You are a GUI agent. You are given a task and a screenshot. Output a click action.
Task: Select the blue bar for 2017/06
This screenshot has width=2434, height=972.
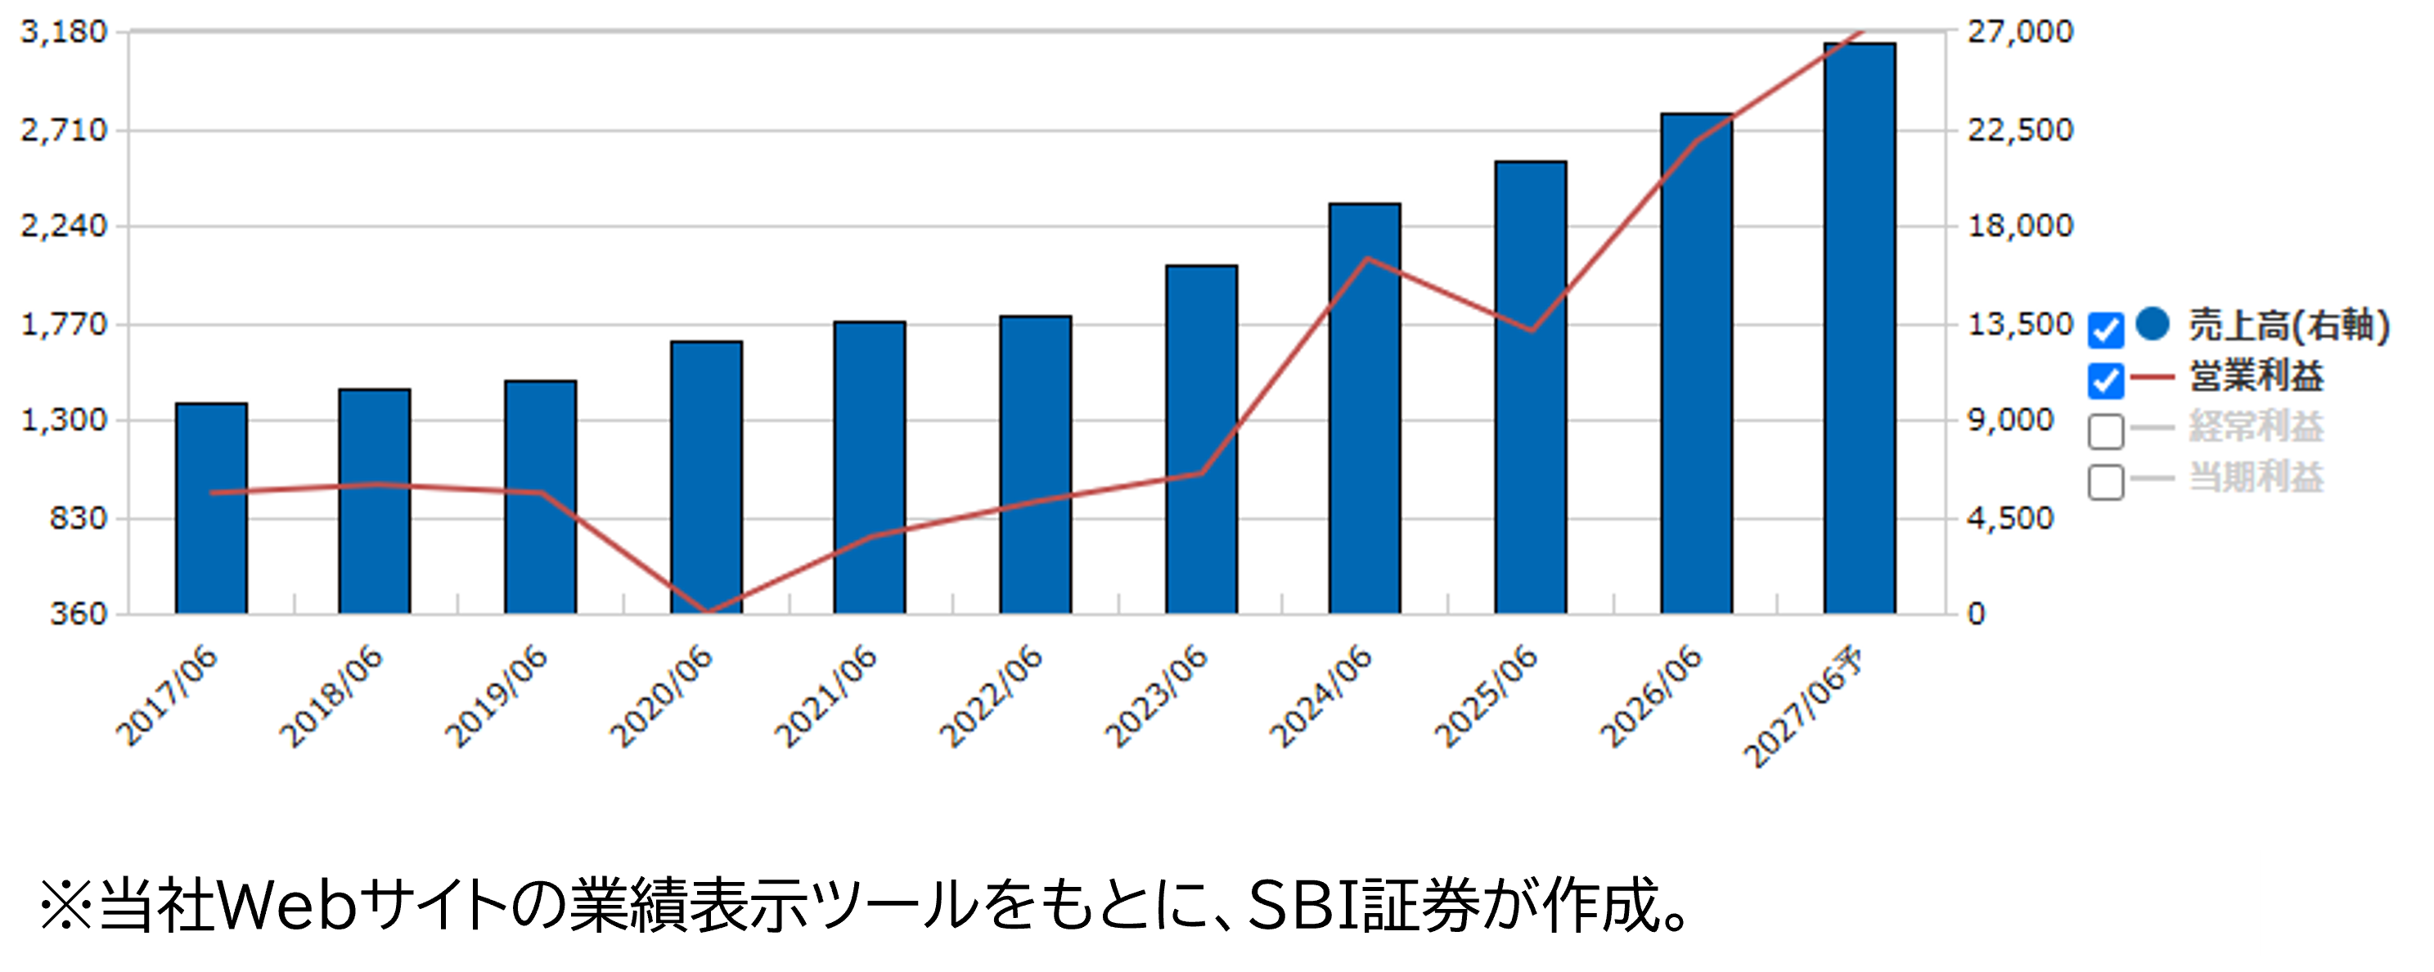pyautogui.click(x=211, y=508)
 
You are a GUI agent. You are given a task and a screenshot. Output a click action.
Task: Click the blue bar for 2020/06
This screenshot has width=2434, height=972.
pyautogui.click(x=707, y=477)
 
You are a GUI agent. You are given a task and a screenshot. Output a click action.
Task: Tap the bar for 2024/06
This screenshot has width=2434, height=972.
pyautogui.click(x=1365, y=408)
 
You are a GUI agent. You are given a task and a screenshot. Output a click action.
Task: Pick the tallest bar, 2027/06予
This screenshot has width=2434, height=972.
pyautogui.click(x=1860, y=328)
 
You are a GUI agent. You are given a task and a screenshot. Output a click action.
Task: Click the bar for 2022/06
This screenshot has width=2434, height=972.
pyautogui.click(x=1036, y=465)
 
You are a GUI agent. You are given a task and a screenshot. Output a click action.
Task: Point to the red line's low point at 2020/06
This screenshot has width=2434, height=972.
pyautogui.click(x=708, y=612)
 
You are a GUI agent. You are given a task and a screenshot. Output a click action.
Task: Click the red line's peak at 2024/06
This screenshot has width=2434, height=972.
pyautogui.click(x=1366, y=258)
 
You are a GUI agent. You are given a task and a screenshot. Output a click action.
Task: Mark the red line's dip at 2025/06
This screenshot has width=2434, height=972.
pyautogui.click(x=1531, y=331)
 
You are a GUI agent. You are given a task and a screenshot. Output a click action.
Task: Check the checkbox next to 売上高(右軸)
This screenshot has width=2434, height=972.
pyautogui.click(x=2106, y=330)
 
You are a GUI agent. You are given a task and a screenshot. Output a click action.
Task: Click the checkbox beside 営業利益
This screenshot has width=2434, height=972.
pyautogui.click(x=2106, y=380)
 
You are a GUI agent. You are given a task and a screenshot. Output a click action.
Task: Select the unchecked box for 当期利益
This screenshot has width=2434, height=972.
pyautogui.click(x=2106, y=482)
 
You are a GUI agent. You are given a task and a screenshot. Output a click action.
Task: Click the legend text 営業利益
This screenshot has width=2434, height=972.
pyautogui.click(x=2256, y=376)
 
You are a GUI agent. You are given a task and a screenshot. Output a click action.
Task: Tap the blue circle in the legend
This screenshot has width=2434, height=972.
pyautogui.click(x=2153, y=324)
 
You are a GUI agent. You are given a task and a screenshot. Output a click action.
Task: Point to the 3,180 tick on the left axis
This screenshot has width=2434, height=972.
pyautogui.click(x=65, y=31)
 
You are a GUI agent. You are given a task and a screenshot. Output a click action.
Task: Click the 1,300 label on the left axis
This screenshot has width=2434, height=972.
pyautogui.click(x=65, y=420)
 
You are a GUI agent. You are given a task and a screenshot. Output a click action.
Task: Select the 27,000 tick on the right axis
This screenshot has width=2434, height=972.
pyautogui.click(x=2020, y=31)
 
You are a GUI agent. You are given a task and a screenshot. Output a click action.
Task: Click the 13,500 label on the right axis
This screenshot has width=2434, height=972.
pyautogui.click(x=2020, y=324)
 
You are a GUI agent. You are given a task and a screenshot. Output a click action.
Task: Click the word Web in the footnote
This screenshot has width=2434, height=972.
pyautogui.click(x=288, y=905)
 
